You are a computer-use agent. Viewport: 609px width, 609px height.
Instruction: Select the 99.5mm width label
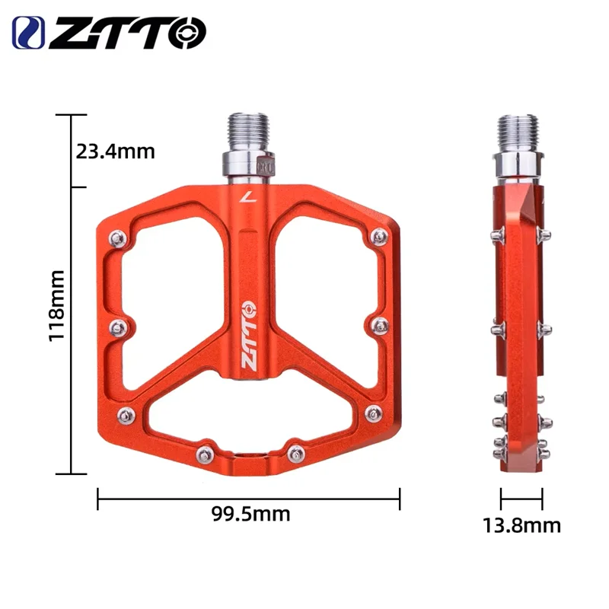(x=250, y=514)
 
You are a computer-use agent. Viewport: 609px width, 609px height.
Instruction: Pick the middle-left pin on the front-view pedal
(x=118, y=327)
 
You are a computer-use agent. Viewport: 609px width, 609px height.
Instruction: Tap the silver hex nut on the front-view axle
(x=248, y=164)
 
